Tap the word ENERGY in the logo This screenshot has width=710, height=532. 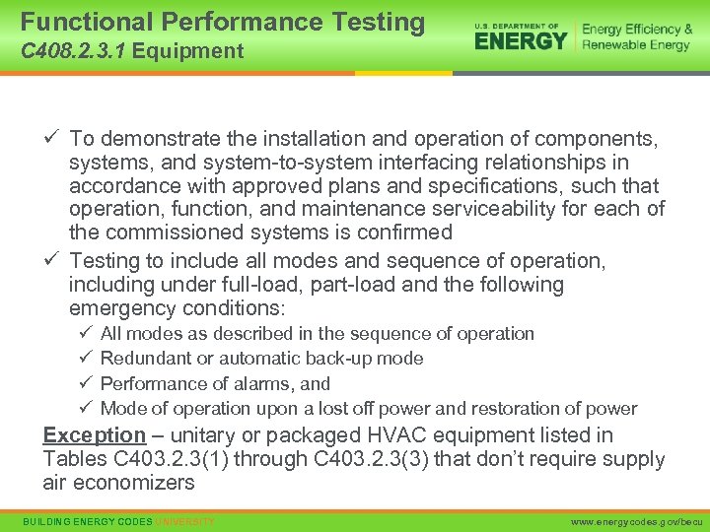(521, 40)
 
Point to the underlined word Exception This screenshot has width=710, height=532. (94, 435)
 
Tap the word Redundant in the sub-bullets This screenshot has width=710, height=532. (143, 359)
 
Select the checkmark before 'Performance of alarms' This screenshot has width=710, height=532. (84, 383)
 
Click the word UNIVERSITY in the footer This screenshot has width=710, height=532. (184, 520)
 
